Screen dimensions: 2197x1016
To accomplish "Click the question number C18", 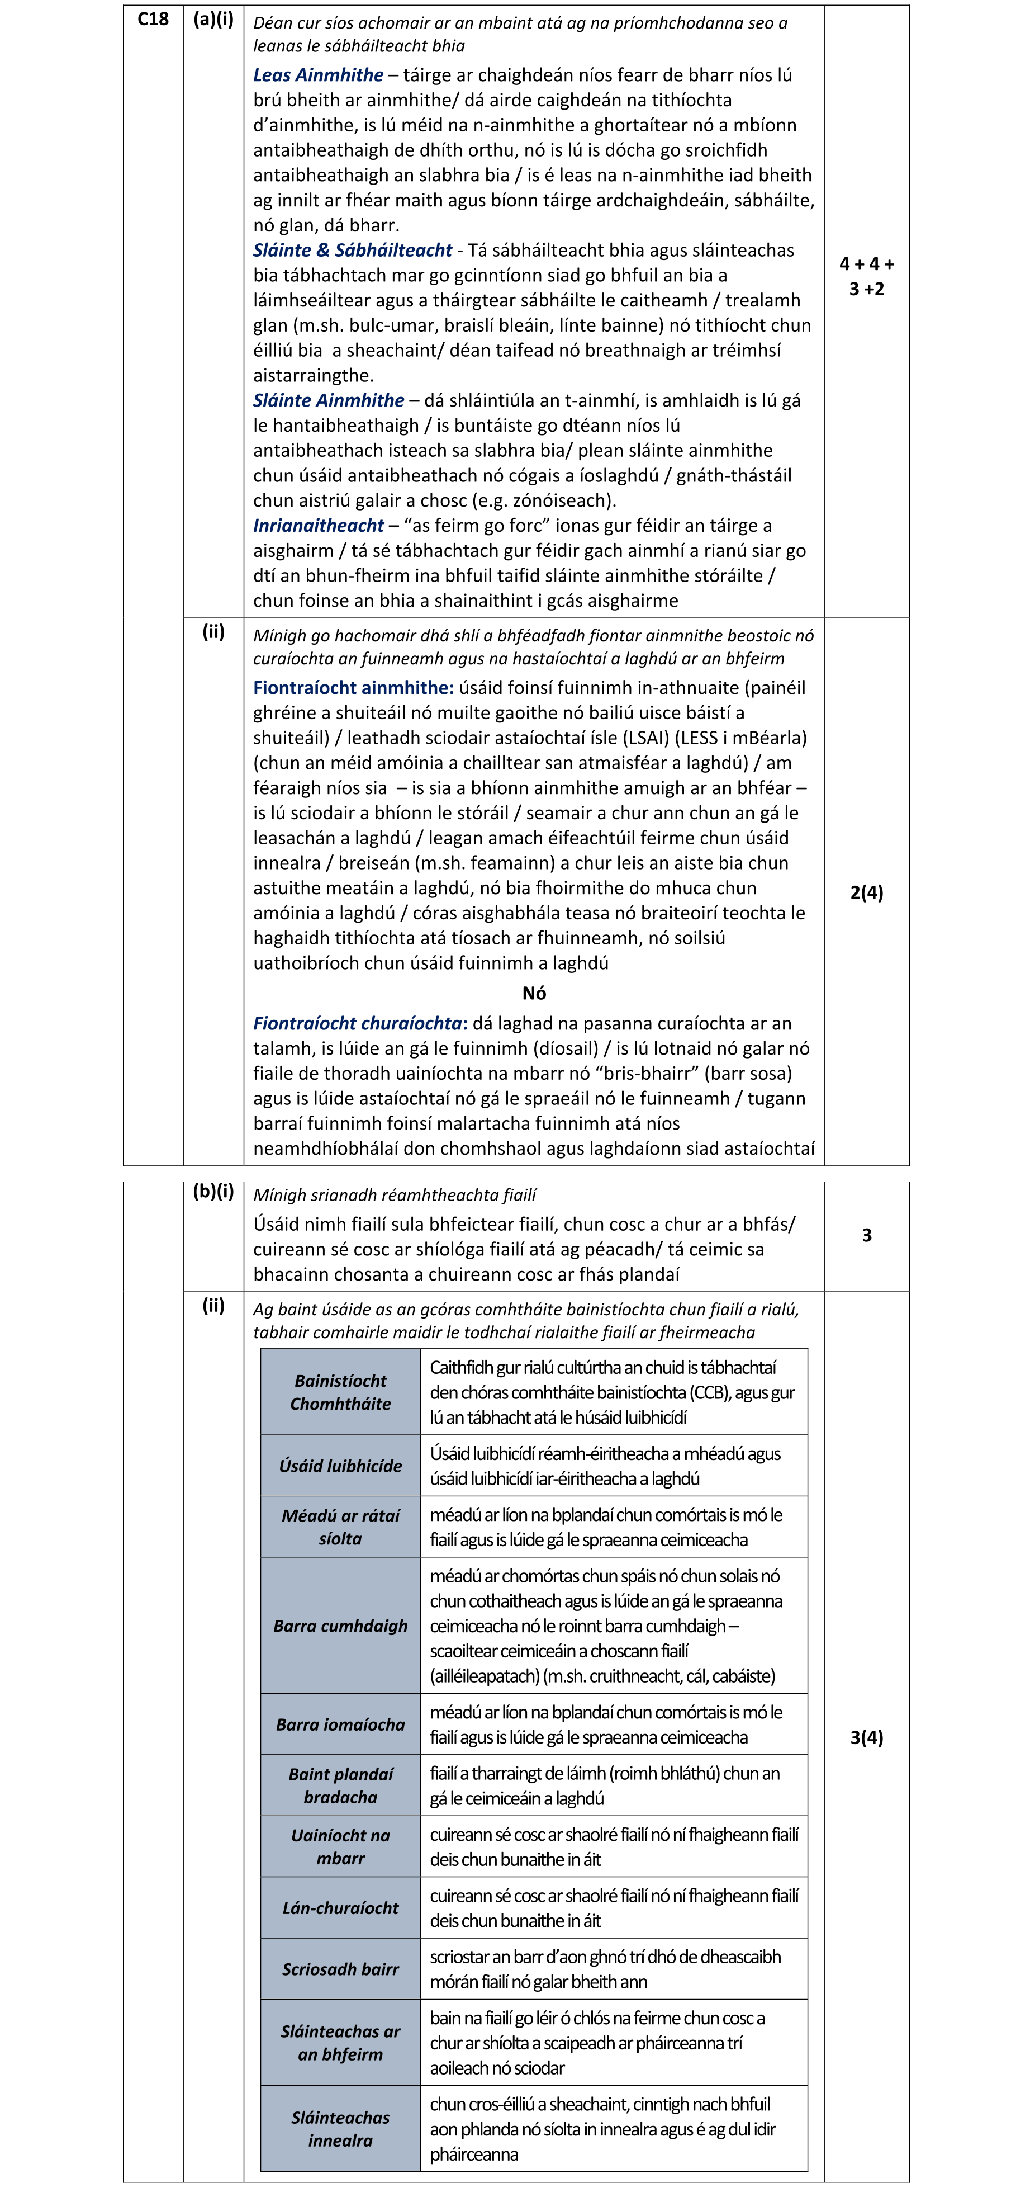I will [x=154, y=19].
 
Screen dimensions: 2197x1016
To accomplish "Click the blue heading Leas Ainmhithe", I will [x=318, y=75].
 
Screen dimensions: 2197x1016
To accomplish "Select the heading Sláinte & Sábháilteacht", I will [x=352, y=250].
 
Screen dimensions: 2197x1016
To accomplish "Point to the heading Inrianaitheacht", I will [x=318, y=526].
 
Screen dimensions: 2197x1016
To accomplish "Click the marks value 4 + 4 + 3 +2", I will [x=866, y=276].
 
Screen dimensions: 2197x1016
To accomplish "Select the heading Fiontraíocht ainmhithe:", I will [x=353, y=687].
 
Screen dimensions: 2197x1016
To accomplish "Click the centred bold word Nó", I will [x=534, y=993].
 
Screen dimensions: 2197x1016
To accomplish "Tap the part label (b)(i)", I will [x=213, y=1192].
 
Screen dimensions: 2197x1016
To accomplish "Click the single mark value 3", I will [x=866, y=1235].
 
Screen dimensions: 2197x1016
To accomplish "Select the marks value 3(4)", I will [x=866, y=1737].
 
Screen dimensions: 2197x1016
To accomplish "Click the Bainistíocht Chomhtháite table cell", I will [x=340, y=1392].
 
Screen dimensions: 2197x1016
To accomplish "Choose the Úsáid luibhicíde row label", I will [x=340, y=1465].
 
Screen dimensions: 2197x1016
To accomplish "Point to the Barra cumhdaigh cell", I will [x=340, y=1625].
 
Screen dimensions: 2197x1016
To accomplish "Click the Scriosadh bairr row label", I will [x=340, y=1968].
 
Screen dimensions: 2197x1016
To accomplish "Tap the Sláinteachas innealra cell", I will [x=340, y=2128].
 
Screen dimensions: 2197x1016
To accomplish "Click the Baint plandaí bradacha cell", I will [x=340, y=1785].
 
